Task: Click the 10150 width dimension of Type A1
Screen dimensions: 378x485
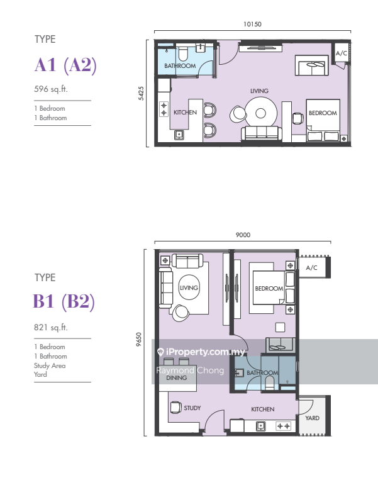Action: coord(252,24)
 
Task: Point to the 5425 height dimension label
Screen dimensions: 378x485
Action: coord(141,93)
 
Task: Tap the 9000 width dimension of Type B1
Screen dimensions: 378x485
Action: coord(243,235)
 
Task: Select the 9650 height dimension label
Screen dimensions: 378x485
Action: coord(138,339)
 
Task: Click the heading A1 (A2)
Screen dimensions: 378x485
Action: coord(65,65)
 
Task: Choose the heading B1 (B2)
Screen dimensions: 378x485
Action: coord(64,301)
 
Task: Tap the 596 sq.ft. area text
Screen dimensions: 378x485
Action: coord(51,89)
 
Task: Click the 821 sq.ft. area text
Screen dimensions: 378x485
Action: coord(51,327)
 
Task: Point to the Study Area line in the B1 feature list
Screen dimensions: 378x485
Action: coord(50,365)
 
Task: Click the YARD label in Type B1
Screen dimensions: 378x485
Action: coord(312,418)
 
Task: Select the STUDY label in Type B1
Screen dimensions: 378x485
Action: coord(192,408)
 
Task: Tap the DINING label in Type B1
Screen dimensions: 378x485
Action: coord(176,377)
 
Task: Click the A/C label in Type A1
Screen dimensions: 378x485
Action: coord(341,53)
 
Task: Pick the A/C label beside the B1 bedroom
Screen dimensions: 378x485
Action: coord(311,267)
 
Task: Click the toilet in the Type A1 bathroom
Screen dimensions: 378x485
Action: coord(182,53)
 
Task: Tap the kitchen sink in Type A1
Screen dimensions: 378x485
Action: coord(179,135)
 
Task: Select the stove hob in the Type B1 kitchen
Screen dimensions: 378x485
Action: coord(284,426)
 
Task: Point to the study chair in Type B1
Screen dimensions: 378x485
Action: coord(175,407)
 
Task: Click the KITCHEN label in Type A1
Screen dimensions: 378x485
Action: coord(185,112)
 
